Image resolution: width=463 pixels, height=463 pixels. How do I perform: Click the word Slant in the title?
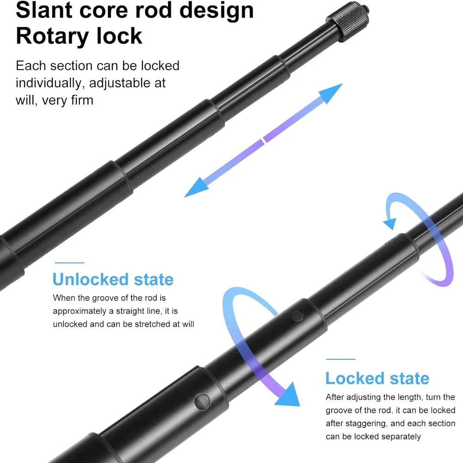tap(44, 10)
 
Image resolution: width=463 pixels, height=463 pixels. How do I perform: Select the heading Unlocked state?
tap(113, 279)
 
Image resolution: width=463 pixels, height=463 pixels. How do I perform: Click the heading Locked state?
tap(377, 378)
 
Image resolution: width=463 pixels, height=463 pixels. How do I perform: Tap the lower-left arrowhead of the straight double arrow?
tap(197, 187)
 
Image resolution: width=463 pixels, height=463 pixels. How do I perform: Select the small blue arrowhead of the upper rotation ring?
tap(390, 223)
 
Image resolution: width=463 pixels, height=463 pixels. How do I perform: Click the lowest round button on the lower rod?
tap(202, 401)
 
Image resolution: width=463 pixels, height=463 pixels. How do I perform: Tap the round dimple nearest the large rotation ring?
tap(297, 316)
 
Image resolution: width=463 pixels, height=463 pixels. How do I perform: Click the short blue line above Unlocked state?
tap(70, 263)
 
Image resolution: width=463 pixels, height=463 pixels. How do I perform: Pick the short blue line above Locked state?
tap(340, 359)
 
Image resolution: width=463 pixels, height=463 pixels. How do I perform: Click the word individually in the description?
tap(48, 83)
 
